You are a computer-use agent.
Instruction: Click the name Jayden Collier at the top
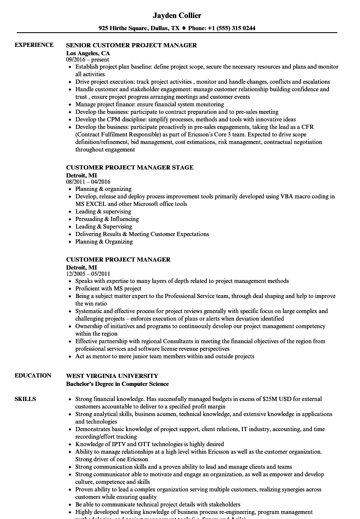(177, 15)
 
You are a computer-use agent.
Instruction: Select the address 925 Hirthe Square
(122, 28)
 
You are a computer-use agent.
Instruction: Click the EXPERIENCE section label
(34, 45)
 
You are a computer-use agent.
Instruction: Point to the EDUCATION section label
(33, 375)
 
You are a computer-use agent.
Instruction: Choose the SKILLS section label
(25, 399)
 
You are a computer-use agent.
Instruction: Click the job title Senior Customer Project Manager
(131, 45)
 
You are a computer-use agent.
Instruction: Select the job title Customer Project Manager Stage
(130, 167)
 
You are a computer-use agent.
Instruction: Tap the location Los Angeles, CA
(88, 53)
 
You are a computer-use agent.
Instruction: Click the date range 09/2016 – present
(87, 60)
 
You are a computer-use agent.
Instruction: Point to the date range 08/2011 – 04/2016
(88, 182)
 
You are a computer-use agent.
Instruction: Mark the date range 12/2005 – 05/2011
(88, 274)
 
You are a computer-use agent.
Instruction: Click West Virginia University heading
(112, 375)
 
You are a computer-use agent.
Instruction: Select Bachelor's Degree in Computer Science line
(117, 384)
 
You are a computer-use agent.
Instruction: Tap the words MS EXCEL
(90, 204)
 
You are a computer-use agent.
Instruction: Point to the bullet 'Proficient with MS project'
(108, 288)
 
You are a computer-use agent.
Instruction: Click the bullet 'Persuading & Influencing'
(107, 219)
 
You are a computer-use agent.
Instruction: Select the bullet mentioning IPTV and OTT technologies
(149, 444)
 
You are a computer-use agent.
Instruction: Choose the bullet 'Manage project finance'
(149, 104)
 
